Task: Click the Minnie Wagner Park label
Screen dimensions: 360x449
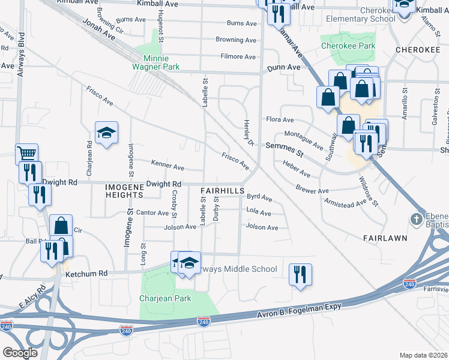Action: point(156,63)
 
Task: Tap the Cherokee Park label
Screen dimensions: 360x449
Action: point(348,46)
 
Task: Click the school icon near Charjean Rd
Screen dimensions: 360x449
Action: point(106,134)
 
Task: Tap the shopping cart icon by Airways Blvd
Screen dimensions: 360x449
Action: point(26,153)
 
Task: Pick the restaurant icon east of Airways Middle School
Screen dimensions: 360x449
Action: point(299,274)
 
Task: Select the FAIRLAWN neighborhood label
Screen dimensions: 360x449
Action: point(385,238)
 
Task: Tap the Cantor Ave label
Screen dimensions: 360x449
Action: point(152,212)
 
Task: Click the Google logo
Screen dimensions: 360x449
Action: point(20,352)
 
